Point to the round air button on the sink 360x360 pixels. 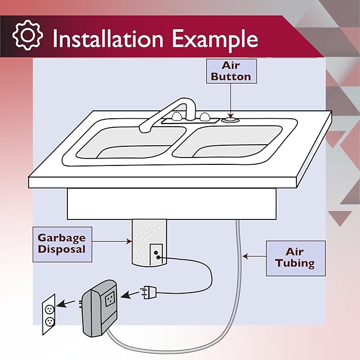230,120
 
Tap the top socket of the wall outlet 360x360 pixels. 49,308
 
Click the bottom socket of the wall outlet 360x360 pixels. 49,321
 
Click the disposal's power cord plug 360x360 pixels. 146,292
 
